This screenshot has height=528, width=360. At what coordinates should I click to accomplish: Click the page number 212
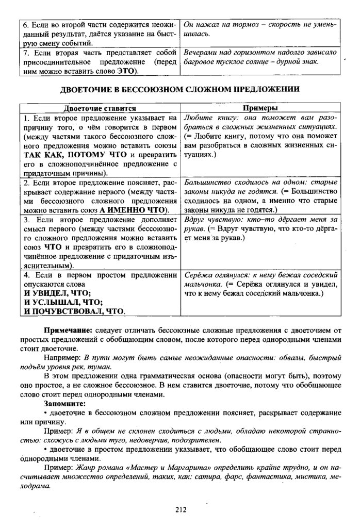coord(180,510)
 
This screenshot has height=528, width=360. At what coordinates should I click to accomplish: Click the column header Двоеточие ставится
coord(100,109)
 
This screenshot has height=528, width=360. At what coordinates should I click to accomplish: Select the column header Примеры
coord(260,109)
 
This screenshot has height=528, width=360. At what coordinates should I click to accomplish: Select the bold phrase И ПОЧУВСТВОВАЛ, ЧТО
coord(75,311)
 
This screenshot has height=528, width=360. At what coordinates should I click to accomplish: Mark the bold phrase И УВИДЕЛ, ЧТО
coord(57,293)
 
